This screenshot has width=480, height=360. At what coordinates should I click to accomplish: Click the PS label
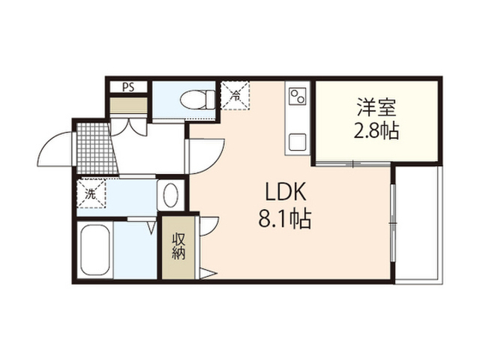click(128, 88)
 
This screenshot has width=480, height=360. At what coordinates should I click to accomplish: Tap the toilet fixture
click(197, 99)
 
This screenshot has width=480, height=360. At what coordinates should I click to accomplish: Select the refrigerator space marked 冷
click(235, 95)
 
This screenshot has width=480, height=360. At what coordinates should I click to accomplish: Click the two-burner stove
click(298, 96)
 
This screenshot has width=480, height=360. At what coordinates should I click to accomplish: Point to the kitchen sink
click(298, 142)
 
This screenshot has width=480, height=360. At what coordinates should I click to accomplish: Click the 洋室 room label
click(376, 107)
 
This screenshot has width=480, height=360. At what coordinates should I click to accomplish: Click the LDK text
click(285, 191)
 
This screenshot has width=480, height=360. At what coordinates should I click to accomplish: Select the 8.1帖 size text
click(285, 218)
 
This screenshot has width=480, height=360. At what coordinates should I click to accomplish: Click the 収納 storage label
click(178, 246)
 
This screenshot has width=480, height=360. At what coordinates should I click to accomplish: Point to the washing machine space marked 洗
click(91, 193)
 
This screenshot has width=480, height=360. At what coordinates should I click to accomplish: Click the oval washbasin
click(171, 195)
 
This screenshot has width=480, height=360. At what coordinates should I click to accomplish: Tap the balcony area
click(418, 223)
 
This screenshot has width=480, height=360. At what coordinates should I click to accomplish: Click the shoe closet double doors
click(128, 126)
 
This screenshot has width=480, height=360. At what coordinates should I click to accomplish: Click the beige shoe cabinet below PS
click(128, 105)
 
